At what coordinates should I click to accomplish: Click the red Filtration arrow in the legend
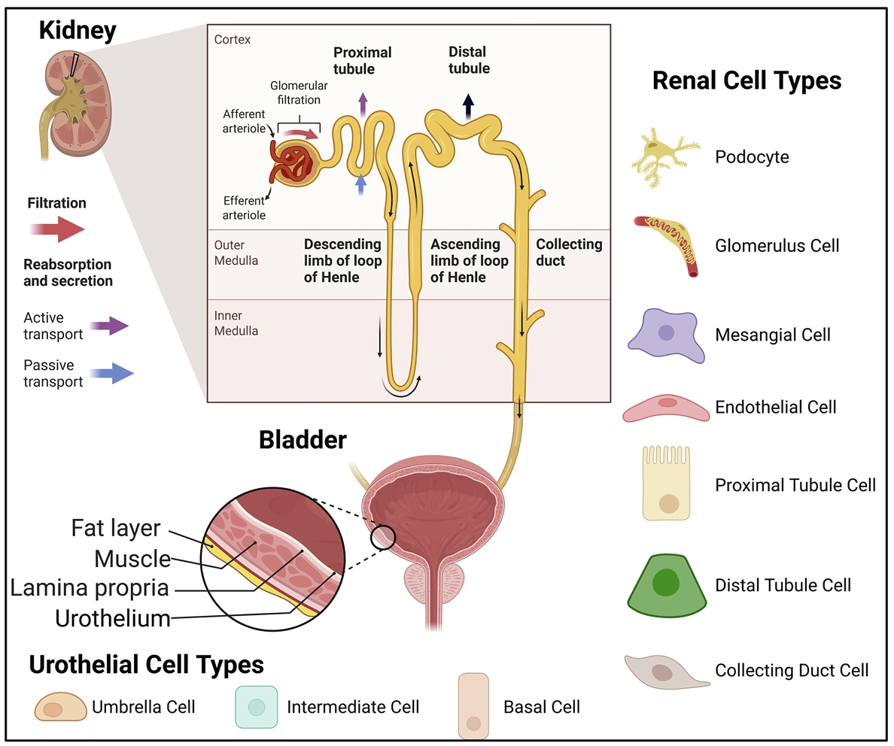[57, 230]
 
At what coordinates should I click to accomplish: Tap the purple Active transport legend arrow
[109, 326]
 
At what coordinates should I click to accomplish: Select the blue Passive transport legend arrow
[111, 373]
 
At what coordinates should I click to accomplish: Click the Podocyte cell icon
[665, 157]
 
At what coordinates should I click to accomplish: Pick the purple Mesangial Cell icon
[667, 335]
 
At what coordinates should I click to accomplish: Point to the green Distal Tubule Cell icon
[667, 586]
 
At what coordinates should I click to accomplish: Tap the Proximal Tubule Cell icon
[667, 484]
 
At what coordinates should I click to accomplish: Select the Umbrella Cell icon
[60, 707]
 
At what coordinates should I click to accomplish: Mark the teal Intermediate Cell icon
[257, 707]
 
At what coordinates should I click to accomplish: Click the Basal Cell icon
[473, 707]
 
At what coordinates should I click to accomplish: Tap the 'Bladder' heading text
[303, 440]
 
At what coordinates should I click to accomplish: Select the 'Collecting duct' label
[569, 253]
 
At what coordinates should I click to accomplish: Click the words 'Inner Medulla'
[236, 323]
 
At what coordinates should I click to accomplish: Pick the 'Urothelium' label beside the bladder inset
[113, 618]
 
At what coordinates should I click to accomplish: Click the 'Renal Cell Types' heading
[747, 80]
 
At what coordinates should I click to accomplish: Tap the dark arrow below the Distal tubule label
[468, 107]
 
